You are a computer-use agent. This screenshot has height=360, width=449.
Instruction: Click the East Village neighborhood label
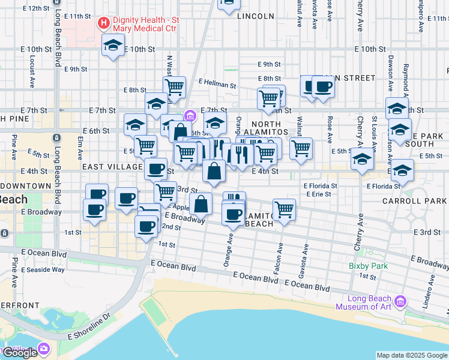(111, 166)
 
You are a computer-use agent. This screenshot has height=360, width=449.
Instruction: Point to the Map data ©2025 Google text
(411, 355)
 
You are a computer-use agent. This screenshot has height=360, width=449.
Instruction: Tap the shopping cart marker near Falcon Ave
(284, 210)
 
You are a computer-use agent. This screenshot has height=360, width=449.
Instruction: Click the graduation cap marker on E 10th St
(112, 46)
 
